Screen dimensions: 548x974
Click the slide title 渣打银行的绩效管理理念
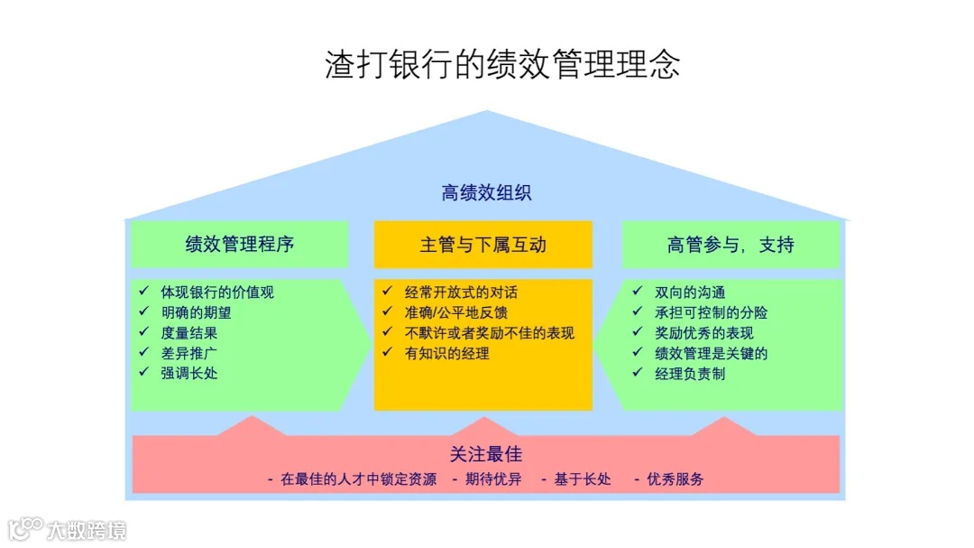(502, 64)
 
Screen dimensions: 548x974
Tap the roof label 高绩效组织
(486, 193)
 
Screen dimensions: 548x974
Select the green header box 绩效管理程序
(240, 245)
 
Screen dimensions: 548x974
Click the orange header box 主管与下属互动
(482, 245)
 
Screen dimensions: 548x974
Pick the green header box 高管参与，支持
(730, 245)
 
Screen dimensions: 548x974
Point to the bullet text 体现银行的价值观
(217, 293)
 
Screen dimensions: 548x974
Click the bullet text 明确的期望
(196, 312)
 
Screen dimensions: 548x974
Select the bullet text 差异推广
(189, 352)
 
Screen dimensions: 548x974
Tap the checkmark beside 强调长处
(143, 372)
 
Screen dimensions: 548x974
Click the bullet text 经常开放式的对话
(461, 293)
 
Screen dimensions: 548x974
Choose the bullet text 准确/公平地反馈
(455, 312)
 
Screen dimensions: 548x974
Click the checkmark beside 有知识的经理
(388, 353)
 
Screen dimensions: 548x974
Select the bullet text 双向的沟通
(690, 293)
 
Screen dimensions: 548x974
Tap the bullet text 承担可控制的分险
(712, 312)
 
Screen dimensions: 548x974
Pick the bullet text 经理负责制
(690, 373)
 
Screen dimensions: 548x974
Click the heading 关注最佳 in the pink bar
(486, 454)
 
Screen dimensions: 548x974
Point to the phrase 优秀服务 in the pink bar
(675, 479)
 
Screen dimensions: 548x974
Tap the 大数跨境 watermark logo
(68, 529)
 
